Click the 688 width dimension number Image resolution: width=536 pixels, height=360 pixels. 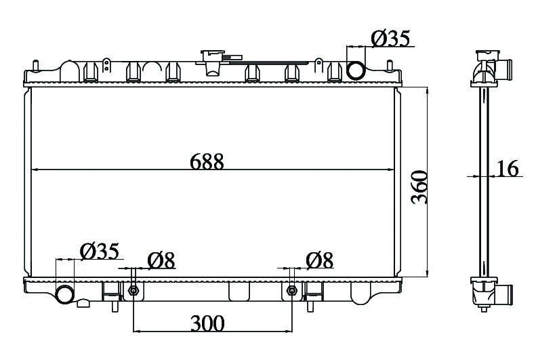click(207, 161)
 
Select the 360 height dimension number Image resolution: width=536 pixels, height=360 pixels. click(419, 187)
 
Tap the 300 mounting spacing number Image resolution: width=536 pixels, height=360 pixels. click(207, 323)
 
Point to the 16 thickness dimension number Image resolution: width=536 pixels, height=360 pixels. click(508, 168)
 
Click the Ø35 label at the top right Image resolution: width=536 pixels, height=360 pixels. click(390, 38)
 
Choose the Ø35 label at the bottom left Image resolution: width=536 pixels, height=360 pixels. click(100, 252)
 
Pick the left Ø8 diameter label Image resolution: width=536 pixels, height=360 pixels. click(161, 260)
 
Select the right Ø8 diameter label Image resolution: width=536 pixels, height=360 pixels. click(319, 260)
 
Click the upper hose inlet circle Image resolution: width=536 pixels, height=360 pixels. click(356, 70)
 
